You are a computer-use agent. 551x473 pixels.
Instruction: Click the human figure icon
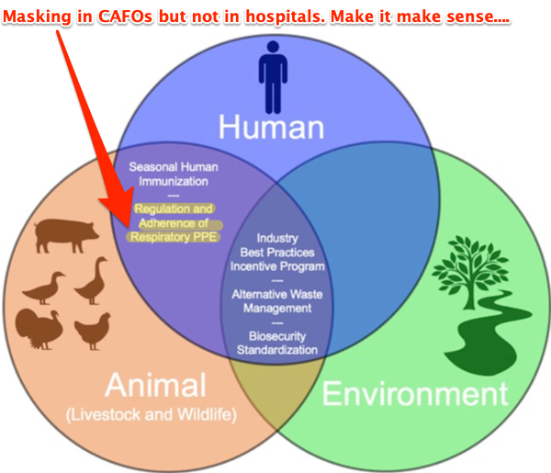coord(273,77)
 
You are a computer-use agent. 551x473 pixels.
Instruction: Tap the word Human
coord(271,128)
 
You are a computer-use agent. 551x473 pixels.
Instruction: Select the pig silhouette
coord(66,235)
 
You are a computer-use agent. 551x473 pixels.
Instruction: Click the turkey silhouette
coord(39,330)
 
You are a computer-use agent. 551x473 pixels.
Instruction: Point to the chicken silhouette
coord(93,331)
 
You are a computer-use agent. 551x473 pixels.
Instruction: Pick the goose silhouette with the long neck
coord(91,280)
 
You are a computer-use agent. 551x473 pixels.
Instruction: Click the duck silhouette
coord(44,287)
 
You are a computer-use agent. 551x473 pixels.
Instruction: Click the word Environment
coord(415,394)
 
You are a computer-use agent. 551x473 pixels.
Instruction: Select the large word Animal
coord(155,385)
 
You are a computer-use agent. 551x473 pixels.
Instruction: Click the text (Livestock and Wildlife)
coord(152,414)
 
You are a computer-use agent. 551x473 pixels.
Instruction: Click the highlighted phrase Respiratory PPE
coord(174,237)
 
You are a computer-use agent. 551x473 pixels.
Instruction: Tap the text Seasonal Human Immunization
coord(174,175)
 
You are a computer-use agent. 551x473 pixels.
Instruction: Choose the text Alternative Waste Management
coord(277,301)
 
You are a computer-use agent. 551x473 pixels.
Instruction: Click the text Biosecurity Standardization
coord(277,343)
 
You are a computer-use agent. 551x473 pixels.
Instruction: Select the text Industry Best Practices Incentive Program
coord(277,253)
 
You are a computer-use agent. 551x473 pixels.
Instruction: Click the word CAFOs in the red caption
coord(125,17)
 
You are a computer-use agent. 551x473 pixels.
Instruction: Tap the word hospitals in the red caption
coord(286,17)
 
